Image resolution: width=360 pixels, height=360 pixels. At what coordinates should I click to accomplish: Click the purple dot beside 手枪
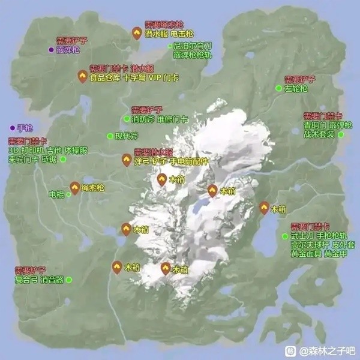pos(12,127)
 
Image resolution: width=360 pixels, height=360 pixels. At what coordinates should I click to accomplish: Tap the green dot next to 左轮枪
pos(278,88)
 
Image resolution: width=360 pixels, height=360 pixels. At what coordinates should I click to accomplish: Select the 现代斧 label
pos(127,136)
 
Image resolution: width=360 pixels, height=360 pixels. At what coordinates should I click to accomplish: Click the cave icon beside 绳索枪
pos(74,188)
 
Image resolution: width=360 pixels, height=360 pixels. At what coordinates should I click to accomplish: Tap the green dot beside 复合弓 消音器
pos(69,280)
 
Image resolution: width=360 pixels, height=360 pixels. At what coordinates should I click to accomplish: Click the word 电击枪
pos(182,35)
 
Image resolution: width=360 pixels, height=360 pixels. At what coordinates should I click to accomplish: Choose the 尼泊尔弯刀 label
pos(193,46)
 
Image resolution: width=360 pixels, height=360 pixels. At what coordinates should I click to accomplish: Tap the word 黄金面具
pos(305,254)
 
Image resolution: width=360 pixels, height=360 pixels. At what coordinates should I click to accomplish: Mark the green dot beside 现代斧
pos(109,136)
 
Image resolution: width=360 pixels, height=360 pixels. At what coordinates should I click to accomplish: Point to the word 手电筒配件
pos(188,161)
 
